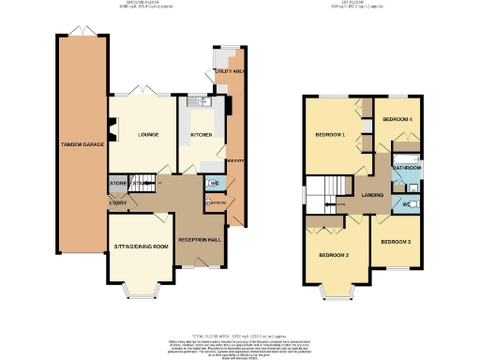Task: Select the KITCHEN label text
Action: (x=202, y=135)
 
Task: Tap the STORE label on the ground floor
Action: (x=117, y=183)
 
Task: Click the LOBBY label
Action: (x=119, y=202)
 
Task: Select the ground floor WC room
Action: (x=214, y=183)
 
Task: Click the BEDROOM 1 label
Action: (x=331, y=136)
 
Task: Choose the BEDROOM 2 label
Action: (x=333, y=255)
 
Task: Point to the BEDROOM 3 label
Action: (x=395, y=242)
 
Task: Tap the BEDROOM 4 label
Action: (x=398, y=121)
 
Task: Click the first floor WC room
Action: (x=410, y=202)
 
